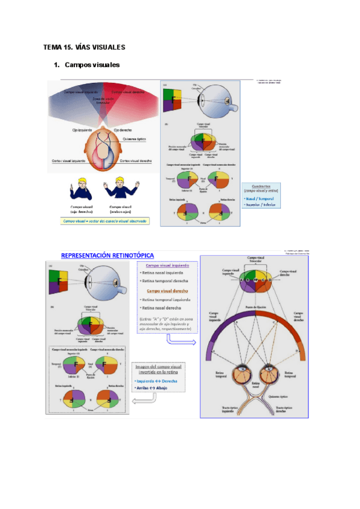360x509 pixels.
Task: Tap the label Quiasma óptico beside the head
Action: pyautogui.click(x=134, y=139)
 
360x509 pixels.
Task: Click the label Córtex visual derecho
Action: pyautogui.click(x=135, y=161)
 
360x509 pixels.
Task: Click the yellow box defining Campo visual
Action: pyautogui.click(x=106, y=221)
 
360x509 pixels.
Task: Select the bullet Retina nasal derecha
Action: pyautogui.click(x=163, y=308)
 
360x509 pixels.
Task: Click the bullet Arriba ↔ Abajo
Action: pyautogui.click(x=153, y=388)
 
